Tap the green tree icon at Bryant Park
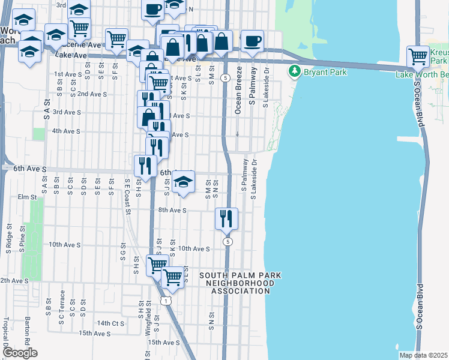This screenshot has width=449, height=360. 294,72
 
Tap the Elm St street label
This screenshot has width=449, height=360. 28,197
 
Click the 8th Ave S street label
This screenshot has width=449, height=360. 173,211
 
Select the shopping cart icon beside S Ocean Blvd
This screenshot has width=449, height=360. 418,56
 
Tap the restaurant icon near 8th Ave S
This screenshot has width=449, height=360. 226,218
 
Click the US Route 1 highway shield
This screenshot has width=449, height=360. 170,298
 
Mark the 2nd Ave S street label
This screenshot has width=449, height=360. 92,94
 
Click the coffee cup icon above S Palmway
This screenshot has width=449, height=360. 253,40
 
